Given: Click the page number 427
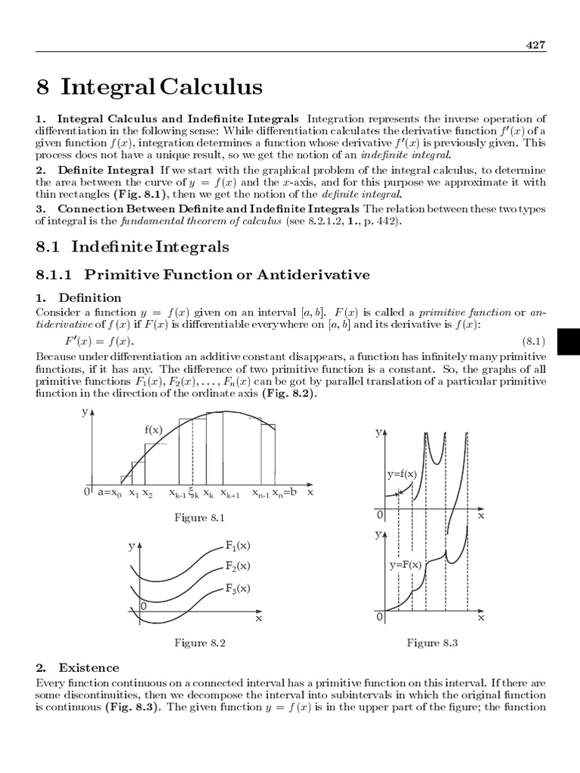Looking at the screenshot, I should (535, 45).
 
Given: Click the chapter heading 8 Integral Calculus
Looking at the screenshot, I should (150, 88).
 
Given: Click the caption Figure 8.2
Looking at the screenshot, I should (200, 642).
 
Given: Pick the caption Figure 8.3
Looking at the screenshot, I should (433, 642).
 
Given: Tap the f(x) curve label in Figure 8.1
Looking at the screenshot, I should (154, 430).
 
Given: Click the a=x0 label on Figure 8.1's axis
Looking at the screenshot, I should (110, 492).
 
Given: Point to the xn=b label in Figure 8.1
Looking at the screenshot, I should (285, 492).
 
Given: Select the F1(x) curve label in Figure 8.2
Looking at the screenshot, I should (238, 544).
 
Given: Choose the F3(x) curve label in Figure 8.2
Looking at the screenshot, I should (238, 587).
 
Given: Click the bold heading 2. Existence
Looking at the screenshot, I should (78, 667).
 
